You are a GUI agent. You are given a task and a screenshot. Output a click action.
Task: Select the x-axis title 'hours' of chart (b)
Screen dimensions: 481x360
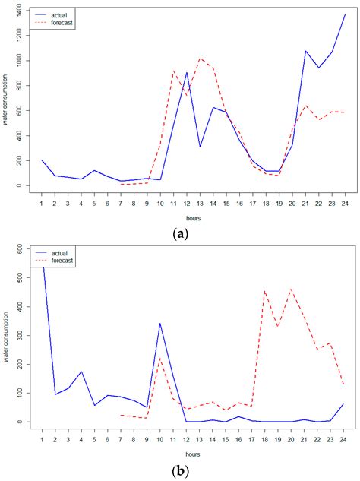click(193, 454)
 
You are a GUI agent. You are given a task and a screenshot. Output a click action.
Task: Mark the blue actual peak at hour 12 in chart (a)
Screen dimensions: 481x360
click(187, 73)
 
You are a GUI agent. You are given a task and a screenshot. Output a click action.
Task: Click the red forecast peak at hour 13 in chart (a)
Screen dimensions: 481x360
click(201, 59)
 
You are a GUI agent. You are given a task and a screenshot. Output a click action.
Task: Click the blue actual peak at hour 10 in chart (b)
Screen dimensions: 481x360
click(159, 323)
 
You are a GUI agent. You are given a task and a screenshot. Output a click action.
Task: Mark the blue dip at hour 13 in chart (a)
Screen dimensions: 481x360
click(201, 147)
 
